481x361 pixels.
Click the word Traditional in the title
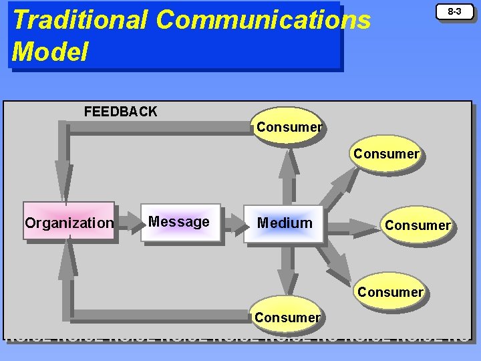point(79,19)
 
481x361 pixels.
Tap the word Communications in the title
point(263,19)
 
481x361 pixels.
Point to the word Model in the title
point(50,51)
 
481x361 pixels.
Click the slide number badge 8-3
point(454,12)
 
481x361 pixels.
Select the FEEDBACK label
point(120,112)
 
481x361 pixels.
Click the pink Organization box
point(69,222)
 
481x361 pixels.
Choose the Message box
point(179,222)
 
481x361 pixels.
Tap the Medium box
point(285,223)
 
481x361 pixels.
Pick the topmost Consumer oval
point(289,126)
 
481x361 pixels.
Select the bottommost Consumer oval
point(287,316)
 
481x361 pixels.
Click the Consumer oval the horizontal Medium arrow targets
point(418,225)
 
